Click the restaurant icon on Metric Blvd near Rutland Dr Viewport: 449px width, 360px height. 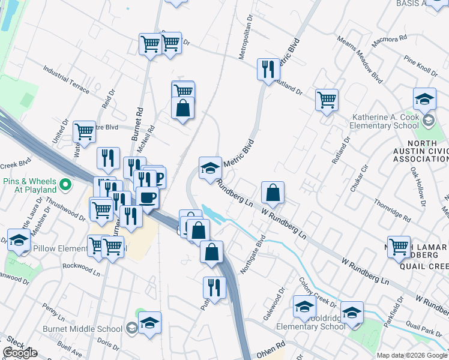point(268,69)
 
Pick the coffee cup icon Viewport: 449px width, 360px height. point(147,197)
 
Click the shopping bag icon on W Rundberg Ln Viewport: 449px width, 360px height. point(273,193)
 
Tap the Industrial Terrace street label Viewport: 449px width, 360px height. point(66,81)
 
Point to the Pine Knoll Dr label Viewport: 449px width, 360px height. point(421,65)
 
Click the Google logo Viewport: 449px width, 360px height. point(20,353)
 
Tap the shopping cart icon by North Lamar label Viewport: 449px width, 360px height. point(399,247)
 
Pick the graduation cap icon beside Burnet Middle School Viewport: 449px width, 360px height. point(150,323)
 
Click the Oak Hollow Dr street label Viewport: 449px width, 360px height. point(418,187)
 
